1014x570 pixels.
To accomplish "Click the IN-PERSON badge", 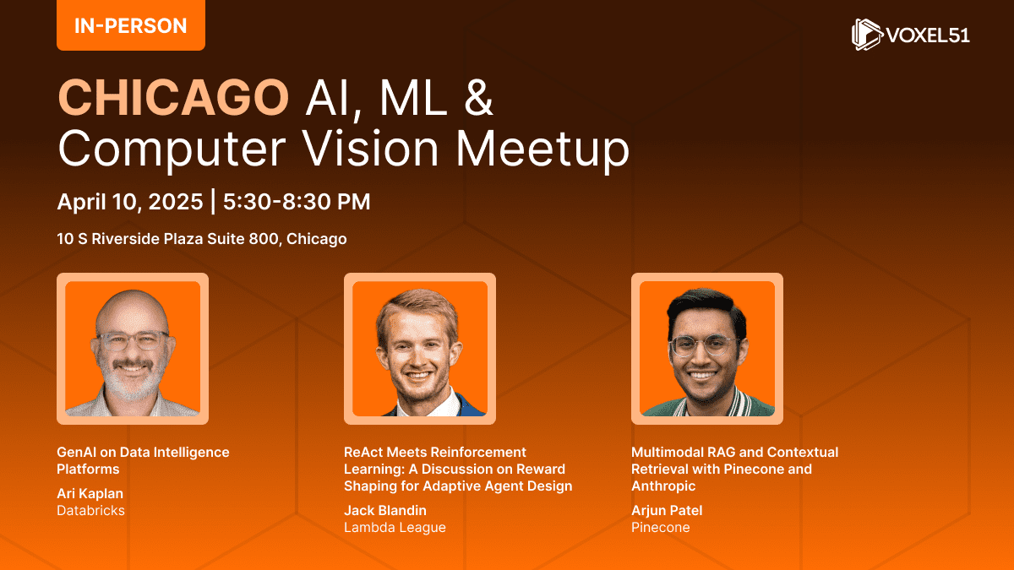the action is point(131,24).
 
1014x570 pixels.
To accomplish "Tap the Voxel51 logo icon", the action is point(867,35).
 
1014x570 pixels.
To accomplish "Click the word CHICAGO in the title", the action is point(173,98).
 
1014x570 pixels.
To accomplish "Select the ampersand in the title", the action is point(478,97).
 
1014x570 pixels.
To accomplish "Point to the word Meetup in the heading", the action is point(542,149).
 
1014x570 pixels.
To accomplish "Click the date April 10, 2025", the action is point(130,202).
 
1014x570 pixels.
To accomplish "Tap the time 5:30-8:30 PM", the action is point(297,202).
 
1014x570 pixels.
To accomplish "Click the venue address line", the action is point(202,239).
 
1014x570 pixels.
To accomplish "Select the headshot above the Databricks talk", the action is point(133,349).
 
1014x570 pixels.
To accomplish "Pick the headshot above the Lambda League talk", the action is point(420,349).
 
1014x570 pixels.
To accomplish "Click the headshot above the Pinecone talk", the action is point(707,349).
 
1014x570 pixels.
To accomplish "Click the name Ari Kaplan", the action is point(90,493).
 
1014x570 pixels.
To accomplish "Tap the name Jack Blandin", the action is point(385,510).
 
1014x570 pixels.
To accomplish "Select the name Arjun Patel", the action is point(667,511).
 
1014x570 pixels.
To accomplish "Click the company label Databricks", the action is point(90,510).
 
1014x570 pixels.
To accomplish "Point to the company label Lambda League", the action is point(395,528).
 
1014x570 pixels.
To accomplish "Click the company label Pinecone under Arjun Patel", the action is point(661,528).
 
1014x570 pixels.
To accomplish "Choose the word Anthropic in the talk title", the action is point(663,486).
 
